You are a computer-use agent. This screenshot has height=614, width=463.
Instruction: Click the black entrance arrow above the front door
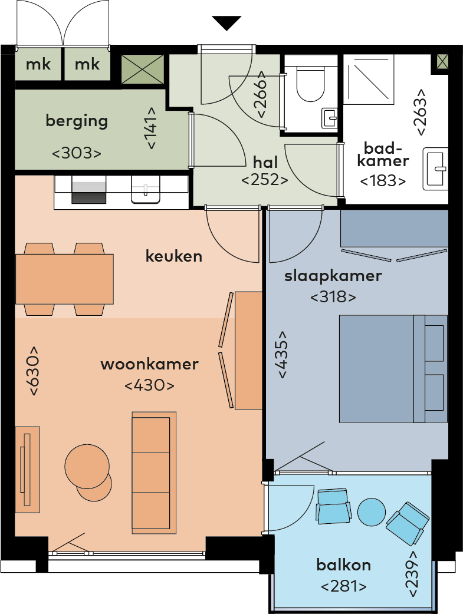pyautogui.click(x=226, y=23)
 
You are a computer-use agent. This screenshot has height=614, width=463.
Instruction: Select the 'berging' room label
pyautogui.click(x=77, y=121)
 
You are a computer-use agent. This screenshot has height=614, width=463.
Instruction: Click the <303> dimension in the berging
pyautogui.click(x=77, y=153)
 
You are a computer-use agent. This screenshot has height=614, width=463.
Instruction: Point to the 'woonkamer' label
pyautogui.click(x=149, y=364)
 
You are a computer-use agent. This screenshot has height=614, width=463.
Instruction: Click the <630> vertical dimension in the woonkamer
pyautogui.click(x=33, y=371)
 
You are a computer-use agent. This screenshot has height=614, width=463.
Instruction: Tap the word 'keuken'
pyautogui.click(x=173, y=256)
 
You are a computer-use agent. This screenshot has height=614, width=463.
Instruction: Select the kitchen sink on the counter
pyautogui.click(x=146, y=190)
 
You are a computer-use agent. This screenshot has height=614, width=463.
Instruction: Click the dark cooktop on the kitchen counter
pyautogui.click(x=88, y=190)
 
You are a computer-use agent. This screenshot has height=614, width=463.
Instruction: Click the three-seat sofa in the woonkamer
pyautogui.click(x=154, y=473)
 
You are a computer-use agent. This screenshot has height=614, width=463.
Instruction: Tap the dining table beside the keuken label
pyautogui.click(x=65, y=279)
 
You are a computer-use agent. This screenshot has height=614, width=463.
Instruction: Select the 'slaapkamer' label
pyautogui.click(x=333, y=276)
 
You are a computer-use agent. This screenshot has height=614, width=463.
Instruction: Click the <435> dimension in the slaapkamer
pyautogui.click(x=283, y=355)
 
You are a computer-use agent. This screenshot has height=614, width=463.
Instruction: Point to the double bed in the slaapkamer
pyautogui.click(x=393, y=369)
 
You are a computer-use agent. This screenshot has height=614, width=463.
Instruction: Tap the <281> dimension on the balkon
pyautogui.click(x=344, y=586)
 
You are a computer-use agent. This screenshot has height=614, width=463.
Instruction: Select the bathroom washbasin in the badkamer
pyautogui.click(x=435, y=169)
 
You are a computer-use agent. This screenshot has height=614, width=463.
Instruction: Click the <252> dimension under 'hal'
pyautogui.click(x=265, y=180)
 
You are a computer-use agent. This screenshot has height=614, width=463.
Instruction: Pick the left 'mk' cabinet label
pyautogui.click(x=38, y=64)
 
